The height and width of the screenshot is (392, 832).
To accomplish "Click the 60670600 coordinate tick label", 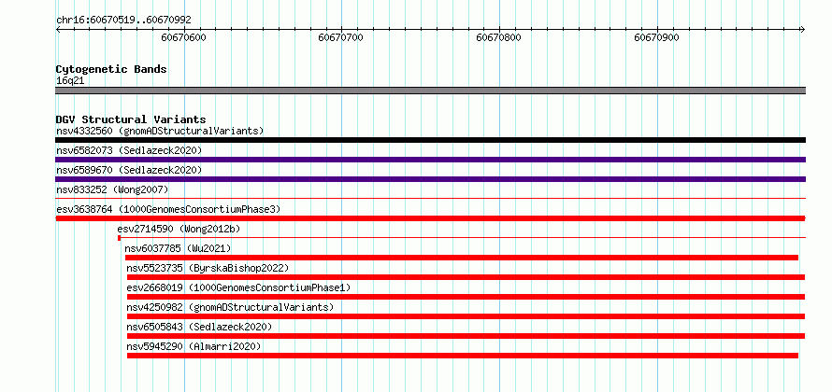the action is click(183, 37).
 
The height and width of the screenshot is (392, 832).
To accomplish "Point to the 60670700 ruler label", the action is click(340, 37).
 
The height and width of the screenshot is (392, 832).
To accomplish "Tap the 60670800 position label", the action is click(499, 37).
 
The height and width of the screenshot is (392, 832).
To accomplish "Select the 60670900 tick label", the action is click(656, 37).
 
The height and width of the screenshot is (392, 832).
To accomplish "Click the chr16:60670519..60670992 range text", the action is click(123, 21).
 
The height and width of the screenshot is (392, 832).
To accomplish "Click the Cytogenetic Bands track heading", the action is click(111, 69).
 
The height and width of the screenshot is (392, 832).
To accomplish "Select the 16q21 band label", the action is click(70, 81).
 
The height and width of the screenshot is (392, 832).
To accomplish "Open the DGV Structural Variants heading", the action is click(131, 119).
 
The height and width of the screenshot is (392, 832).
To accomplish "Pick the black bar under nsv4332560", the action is click(430, 140).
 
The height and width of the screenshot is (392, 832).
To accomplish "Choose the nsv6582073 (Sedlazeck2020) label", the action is click(129, 150).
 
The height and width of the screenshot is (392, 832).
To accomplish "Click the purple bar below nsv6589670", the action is click(430, 179).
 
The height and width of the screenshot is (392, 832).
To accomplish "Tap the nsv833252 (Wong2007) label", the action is click(112, 189).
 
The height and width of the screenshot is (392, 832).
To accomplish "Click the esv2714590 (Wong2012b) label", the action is click(179, 229).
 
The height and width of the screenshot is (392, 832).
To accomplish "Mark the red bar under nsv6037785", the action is click(462, 258).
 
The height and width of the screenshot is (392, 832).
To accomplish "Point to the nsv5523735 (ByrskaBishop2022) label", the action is click(208, 268).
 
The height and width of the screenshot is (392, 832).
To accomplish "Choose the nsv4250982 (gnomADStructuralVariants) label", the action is click(230, 307).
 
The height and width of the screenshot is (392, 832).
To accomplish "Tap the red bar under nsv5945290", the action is click(463, 356).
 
